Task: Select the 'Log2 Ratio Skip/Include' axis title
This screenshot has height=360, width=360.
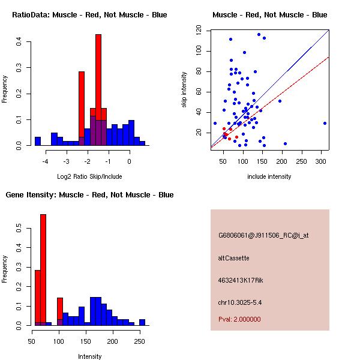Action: tap(89, 176)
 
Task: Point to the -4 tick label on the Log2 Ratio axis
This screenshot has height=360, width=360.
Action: tap(45, 161)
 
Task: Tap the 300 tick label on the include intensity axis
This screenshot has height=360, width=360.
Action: tap(321, 161)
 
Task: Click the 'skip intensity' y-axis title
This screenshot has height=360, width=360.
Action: tap(184, 89)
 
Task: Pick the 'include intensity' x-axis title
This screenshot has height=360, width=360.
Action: tap(269, 176)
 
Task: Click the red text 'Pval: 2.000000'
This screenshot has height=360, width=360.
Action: tap(239, 319)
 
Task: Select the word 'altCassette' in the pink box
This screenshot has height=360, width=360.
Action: tap(233, 258)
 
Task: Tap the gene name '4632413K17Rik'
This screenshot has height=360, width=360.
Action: tap(241, 280)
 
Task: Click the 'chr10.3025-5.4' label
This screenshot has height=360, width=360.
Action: tap(240, 302)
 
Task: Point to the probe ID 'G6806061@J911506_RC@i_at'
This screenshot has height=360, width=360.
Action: tap(263, 235)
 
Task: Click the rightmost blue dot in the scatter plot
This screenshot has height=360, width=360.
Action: tap(325, 123)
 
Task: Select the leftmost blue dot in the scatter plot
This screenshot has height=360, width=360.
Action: tap(215, 123)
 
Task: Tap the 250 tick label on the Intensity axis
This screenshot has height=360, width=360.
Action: tap(139, 341)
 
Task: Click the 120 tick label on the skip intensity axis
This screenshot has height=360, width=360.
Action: tap(199, 31)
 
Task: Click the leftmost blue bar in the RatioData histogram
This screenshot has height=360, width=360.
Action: tap(38, 141)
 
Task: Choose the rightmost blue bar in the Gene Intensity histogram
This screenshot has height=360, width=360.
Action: tap(142, 322)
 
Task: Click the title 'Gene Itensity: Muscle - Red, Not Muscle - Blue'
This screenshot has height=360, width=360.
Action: tap(89, 194)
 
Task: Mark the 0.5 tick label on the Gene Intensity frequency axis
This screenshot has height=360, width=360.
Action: tap(19, 229)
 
